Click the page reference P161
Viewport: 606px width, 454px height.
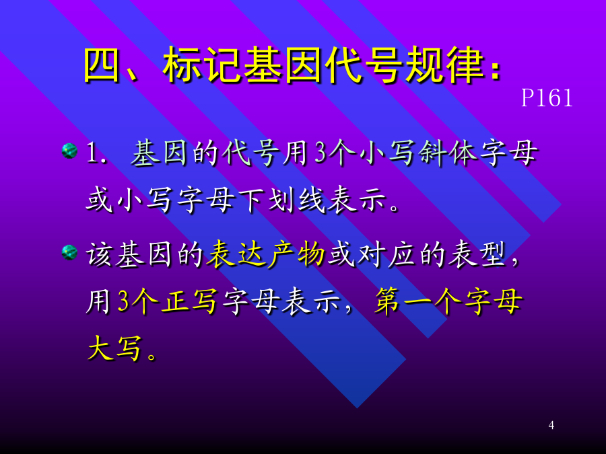547,98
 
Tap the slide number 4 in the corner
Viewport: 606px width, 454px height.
551,425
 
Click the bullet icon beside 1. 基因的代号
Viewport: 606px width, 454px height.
69,151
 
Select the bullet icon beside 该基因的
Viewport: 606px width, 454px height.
69,253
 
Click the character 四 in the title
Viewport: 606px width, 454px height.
102,65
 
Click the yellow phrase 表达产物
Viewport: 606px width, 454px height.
265,254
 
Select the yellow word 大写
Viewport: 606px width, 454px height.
114,348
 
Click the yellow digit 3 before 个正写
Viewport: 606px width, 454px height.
123,301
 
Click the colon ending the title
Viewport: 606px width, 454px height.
495,69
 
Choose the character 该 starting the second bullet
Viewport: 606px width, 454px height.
100,254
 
